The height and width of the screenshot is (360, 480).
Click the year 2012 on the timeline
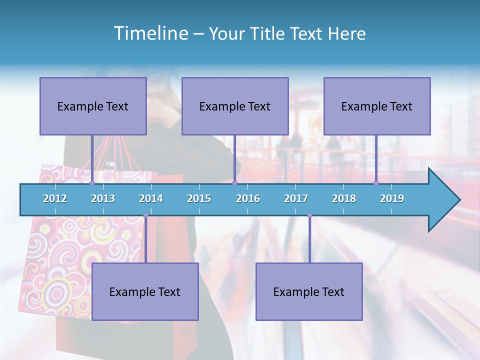pos(55,198)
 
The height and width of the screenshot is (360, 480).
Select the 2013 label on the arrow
pos(103,198)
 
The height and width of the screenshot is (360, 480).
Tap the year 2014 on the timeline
pos(151,198)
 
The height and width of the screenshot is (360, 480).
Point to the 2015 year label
pos(199,198)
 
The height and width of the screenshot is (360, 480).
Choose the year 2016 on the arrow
pos(248,198)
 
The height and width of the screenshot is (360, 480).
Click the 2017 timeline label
pos(296,198)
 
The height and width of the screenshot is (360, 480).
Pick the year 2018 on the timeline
pos(344,198)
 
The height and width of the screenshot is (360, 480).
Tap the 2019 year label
pos(392,198)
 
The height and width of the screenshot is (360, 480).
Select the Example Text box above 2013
pos(93,106)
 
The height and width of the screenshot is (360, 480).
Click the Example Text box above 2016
pos(235,106)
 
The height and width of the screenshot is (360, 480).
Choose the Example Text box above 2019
pos(377,106)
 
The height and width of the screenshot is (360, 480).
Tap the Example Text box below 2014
pos(145,291)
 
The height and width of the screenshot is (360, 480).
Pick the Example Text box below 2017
pos(309,291)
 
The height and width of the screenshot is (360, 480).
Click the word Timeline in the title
pos(150,33)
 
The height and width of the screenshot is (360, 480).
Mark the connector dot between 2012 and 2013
pos(92,183)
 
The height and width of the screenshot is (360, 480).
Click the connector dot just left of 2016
pos(234,183)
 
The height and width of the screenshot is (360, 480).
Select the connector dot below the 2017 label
pos(309,215)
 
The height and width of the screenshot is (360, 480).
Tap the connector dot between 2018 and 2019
pos(376,183)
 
